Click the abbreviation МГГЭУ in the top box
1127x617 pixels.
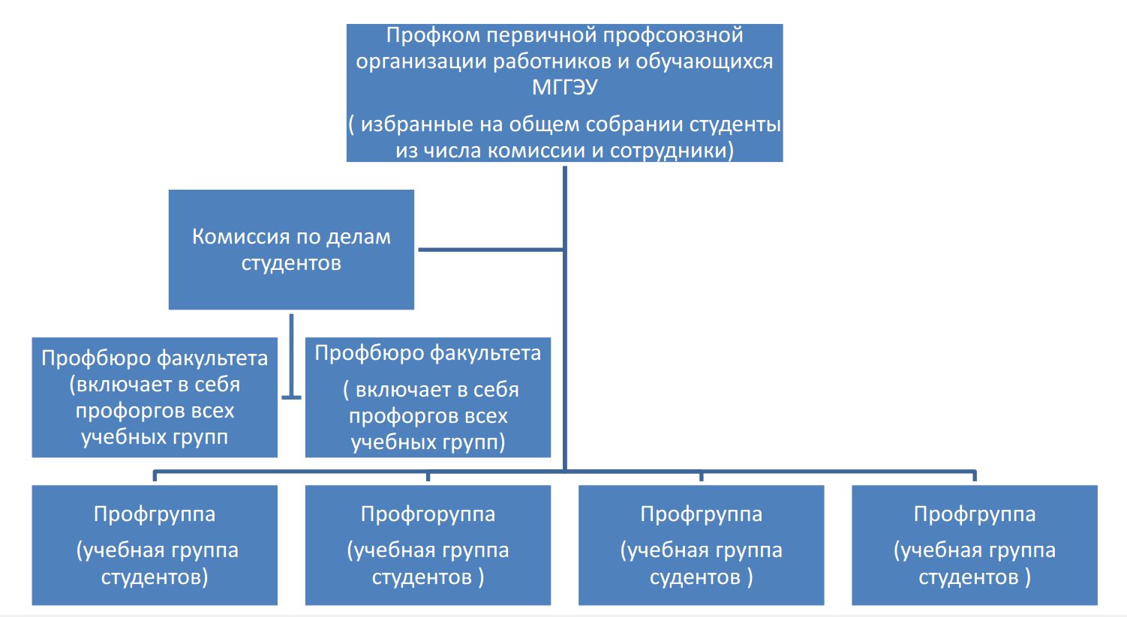[564, 88]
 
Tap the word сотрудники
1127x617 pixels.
[670, 151]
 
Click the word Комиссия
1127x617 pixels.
[241, 237]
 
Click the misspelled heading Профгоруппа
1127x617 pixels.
[428, 514]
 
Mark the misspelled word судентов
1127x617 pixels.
[695, 577]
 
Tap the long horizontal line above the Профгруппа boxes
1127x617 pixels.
[750, 472]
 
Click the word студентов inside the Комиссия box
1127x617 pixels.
[291, 263]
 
